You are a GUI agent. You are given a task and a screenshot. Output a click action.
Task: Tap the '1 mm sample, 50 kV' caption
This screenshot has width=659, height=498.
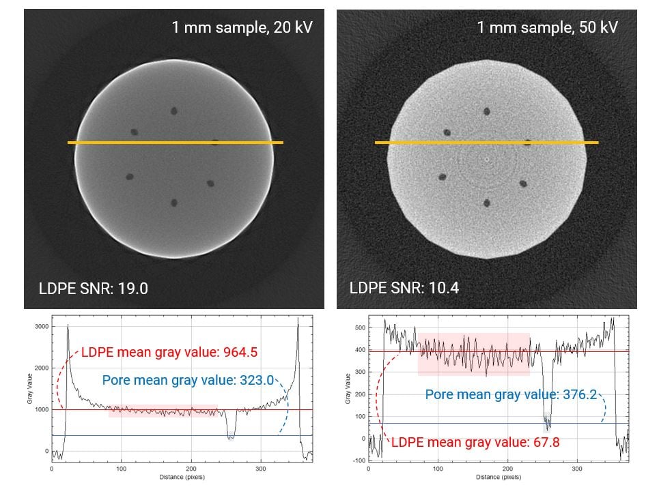pyautogui.click(x=547, y=28)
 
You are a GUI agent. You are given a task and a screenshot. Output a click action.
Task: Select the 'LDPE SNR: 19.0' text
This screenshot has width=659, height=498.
pyautogui.click(x=94, y=288)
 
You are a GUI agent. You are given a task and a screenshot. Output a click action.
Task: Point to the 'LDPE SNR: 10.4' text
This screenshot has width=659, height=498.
pyautogui.click(x=404, y=288)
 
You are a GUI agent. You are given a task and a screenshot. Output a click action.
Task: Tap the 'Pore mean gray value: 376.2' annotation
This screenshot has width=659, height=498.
pyautogui.click(x=511, y=394)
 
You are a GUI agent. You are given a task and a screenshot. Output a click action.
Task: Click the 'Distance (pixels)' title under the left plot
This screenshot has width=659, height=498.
pyautogui.click(x=182, y=477)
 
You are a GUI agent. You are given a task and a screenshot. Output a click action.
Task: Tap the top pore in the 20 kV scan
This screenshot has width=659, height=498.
pyautogui.click(x=173, y=111)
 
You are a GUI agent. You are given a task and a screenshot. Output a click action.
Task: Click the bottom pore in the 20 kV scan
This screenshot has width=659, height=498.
pyautogui.click(x=174, y=203)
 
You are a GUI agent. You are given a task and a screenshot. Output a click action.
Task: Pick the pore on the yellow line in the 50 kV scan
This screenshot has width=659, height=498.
pyautogui.click(x=528, y=143)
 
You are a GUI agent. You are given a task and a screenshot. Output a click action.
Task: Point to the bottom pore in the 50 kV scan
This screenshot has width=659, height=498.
pyautogui.click(x=487, y=203)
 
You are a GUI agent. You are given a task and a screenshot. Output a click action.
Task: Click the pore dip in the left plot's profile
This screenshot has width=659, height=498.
pyautogui.click(x=231, y=435)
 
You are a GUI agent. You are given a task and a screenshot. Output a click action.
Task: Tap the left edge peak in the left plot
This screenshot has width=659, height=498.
pyautogui.click(x=68, y=327)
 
